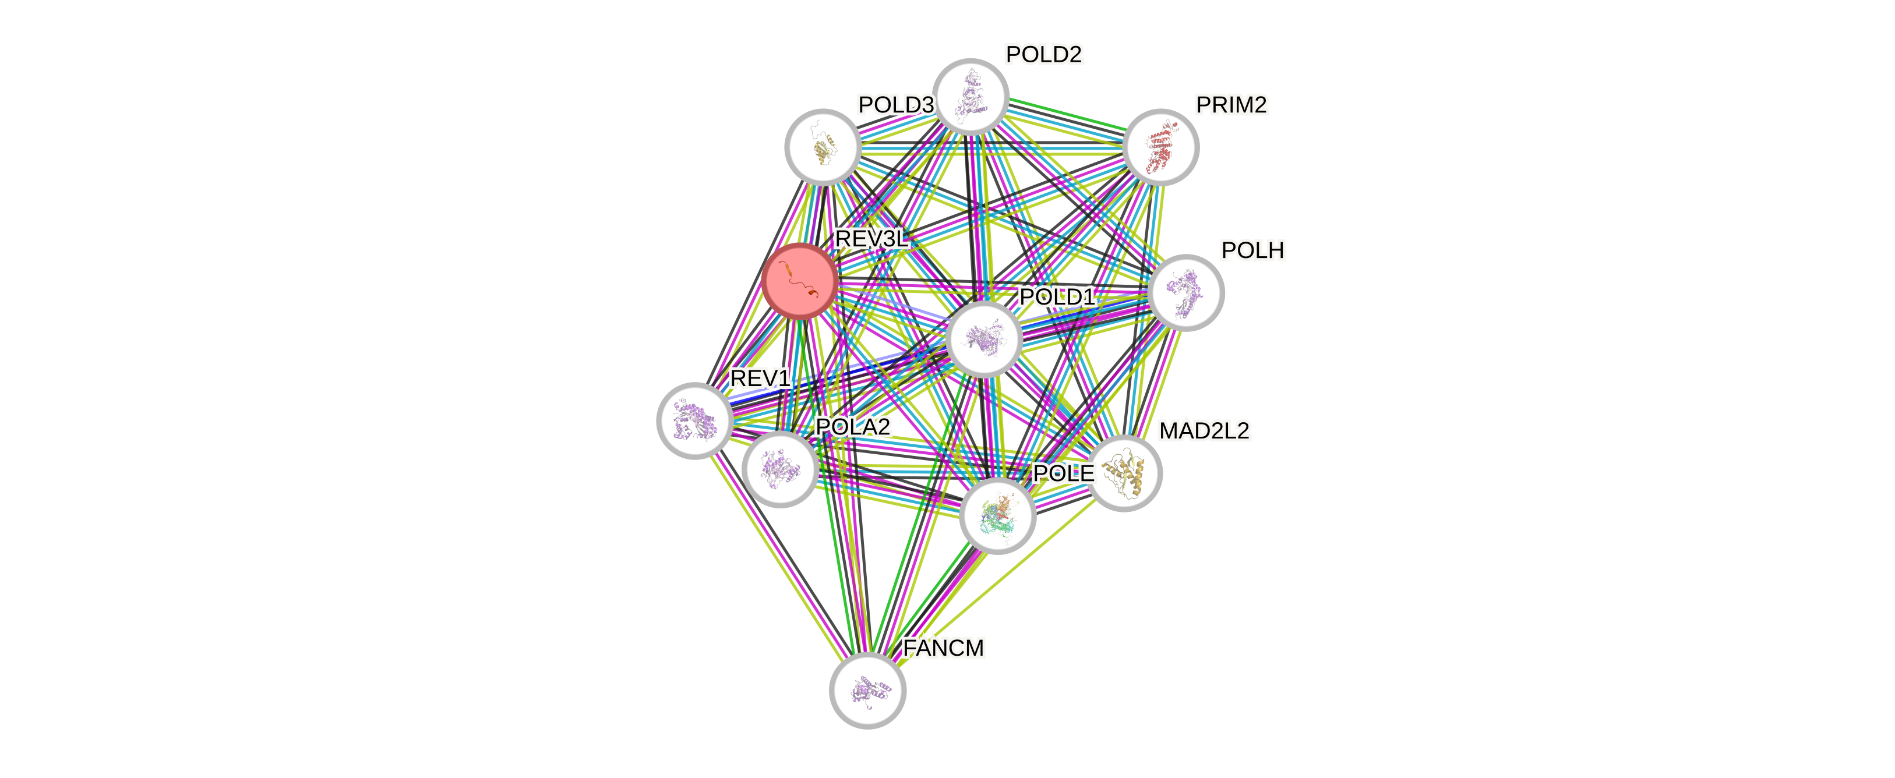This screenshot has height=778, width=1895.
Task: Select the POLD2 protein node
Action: [x=971, y=97]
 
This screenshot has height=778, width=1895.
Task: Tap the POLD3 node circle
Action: [x=823, y=147]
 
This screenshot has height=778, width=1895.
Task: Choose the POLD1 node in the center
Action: [x=984, y=339]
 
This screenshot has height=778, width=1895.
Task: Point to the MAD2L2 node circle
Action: [x=1124, y=473]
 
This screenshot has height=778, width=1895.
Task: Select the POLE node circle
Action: [x=997, y=515]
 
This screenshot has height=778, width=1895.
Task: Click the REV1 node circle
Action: [x=694, y=420]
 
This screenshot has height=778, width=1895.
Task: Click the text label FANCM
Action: [x=943, y=648]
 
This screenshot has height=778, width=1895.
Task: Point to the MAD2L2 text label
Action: [x=1204, y=430]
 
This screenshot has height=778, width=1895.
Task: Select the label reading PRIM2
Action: [x=1231, y=105]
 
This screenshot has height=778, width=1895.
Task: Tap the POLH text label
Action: [x=1253, y=251]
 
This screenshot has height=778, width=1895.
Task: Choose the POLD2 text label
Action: [x=1044, y=54]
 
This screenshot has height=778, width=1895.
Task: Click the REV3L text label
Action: [x=871, y=239]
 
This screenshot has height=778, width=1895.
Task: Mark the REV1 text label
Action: [x=760, y=379]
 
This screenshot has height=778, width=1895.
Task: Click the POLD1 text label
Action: [x=1057, y=297]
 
